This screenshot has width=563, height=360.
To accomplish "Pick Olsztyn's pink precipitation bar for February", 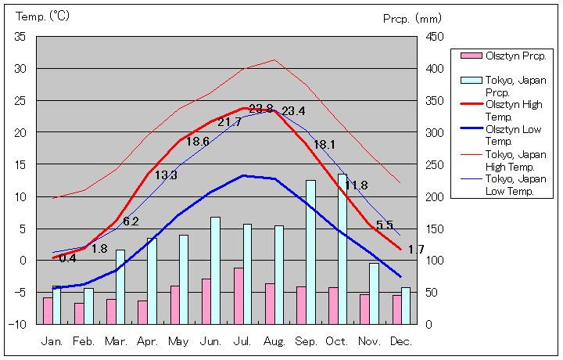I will (x=79, y=313).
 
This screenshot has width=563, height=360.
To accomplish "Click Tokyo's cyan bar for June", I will (x=215, y=270).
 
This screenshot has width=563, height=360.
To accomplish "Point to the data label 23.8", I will (x=261, y=109).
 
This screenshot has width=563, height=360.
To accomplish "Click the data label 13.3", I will (x=166, y=175).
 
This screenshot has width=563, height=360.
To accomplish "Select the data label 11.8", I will (x=356, y=185).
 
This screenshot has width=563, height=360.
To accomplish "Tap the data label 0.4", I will (x=67, y=258).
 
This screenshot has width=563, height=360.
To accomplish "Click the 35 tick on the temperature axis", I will (x=20, y=37).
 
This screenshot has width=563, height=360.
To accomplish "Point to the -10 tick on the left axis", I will (x=18, y=324).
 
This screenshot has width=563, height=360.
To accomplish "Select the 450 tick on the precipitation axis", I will (x=435, y=37).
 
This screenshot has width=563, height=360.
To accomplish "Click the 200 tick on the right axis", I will (x=435, y=196).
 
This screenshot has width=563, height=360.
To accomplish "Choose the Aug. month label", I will (x=274, y=342).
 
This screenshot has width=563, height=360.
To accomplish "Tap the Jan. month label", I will (x=52, y=342).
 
